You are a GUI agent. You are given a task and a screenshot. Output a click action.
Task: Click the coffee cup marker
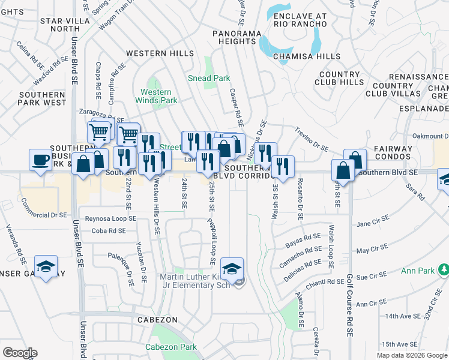[40, 160]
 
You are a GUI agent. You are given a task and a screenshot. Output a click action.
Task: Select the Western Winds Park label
[159, 96]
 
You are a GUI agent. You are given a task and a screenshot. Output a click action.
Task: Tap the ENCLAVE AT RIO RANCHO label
[300, 20]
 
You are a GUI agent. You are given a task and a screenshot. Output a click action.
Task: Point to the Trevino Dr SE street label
[312, 138]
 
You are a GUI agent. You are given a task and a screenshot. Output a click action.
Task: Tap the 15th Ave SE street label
[399, 344]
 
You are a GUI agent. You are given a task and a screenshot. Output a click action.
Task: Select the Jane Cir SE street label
[373, 224]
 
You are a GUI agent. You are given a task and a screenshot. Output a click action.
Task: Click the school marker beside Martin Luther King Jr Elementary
[232, 269]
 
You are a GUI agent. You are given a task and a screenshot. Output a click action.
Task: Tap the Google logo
[20, 353]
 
